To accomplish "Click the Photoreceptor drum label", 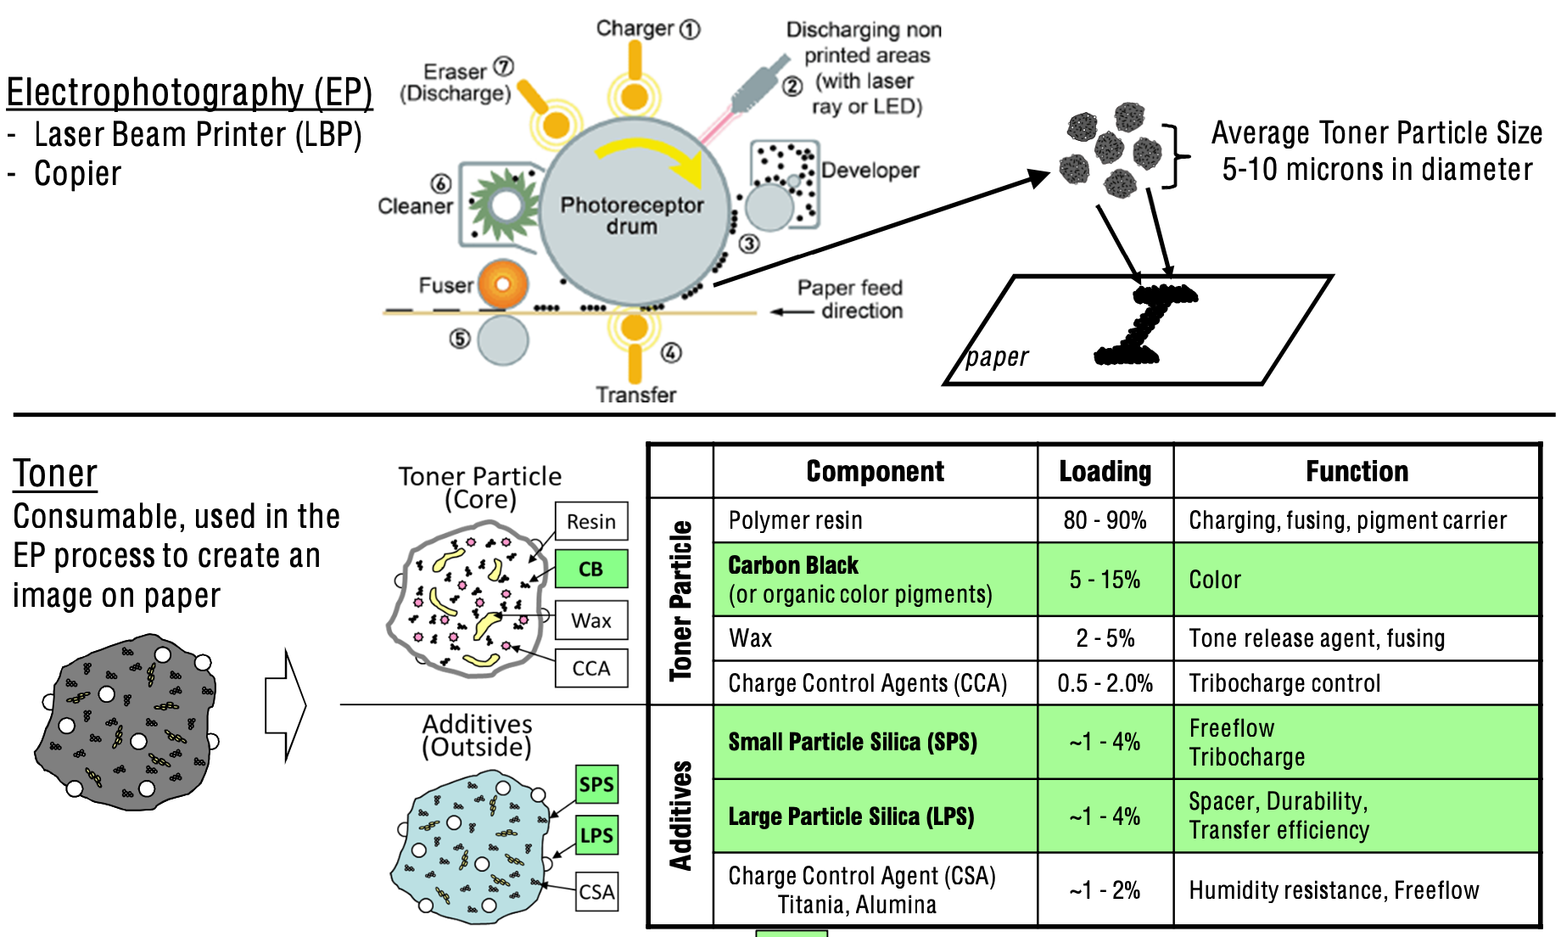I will (x=632, y=216).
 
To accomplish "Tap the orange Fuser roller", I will (x=503, y=284).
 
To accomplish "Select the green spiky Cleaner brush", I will (x=506, y=205).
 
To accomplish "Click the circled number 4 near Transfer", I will (x=671, y=352).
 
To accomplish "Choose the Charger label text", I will (x=635, y=28).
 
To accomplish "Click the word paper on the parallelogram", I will (x=997, y=357).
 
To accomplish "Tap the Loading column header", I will (x=1105, y=471).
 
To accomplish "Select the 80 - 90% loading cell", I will (x=1105, y=520).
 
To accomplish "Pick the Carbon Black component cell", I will (x=874, y=580).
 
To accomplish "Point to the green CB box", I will (x=591, y=569).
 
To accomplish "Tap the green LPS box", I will (x=596, y=835).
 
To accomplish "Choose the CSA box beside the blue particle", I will (x=596, y=892).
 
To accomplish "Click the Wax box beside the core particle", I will (x=591, y=620).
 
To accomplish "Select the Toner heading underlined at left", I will (x=55, y=474).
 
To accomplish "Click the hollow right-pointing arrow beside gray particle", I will (x=285, y=705).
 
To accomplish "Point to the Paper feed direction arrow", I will (x=792, y=312).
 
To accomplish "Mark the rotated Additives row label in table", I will (x=680, y=816).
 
